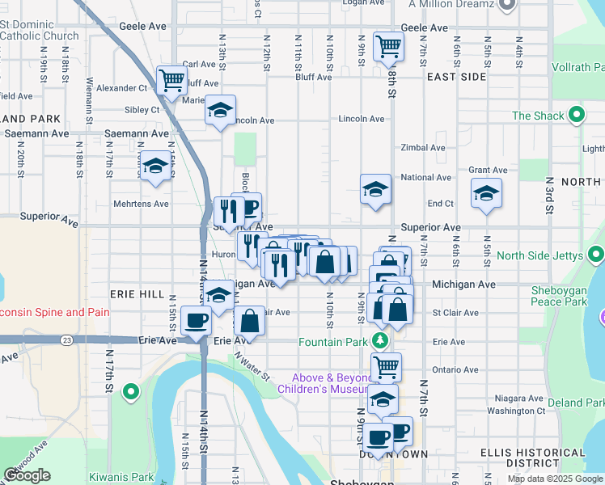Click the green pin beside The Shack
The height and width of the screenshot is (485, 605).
click(x=577, y=116)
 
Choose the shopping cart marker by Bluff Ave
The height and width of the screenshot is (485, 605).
click(x=171, y=81)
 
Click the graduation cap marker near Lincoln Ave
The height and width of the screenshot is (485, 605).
click(x=219, y=112)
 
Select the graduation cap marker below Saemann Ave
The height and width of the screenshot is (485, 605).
click(x=155, y=167)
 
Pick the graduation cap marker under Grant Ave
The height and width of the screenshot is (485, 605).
click(x=485, y=193)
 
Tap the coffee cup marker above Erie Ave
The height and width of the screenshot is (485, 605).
click(x=196, y=321)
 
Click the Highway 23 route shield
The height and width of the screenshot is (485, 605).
click(x=66, y=339)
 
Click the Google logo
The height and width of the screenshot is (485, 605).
click(x=27, y=475)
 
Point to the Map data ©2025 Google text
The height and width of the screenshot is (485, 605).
click(x=554, y=479)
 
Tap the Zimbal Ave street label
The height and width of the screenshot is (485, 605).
click(x=423, y=148)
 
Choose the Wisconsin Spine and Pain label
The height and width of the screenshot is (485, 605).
click(x=52, y=312)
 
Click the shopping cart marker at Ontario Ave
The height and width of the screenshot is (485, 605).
click(x=386, y=366)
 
